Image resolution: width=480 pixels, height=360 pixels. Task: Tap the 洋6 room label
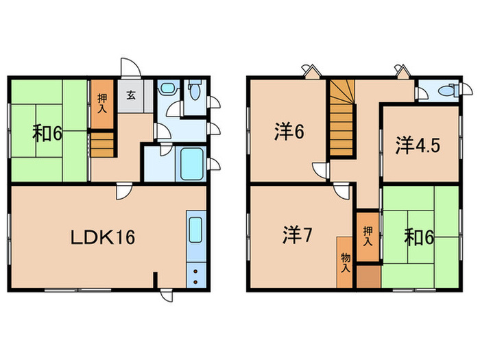pos(291,131)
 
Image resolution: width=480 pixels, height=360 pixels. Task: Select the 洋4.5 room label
pos(416,145)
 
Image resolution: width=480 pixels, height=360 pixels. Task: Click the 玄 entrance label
pos(130,97)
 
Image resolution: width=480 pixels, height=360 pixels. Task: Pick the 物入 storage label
pos(345,261)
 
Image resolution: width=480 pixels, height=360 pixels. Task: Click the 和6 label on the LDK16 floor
pos(47,132)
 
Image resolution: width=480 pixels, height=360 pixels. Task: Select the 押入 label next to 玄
pos(102,104)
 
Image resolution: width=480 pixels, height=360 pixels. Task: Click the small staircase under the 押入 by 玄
pos(101,145)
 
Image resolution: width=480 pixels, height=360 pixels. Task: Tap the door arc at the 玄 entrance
pos(130,67)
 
